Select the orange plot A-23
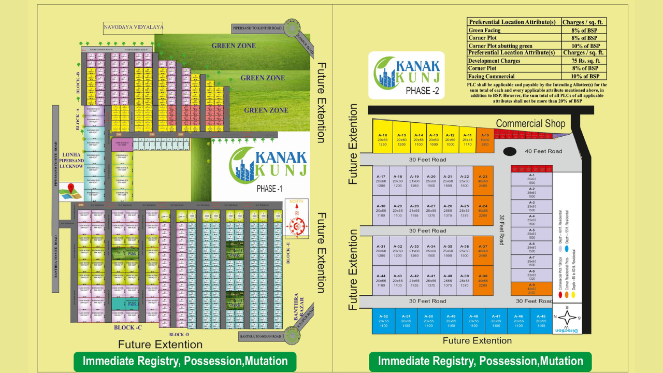[483, 180]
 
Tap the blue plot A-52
[383, 321]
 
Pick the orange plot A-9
[531, 289]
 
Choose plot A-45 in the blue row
[541, 321]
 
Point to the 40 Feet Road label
[543, 151]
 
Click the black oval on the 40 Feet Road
[510, 151]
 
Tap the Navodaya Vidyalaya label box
[134, 27]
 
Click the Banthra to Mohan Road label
[261, 337]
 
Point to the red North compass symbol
[296, 224]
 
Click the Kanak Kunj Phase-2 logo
[406, 75]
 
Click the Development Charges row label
[494, 61]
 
